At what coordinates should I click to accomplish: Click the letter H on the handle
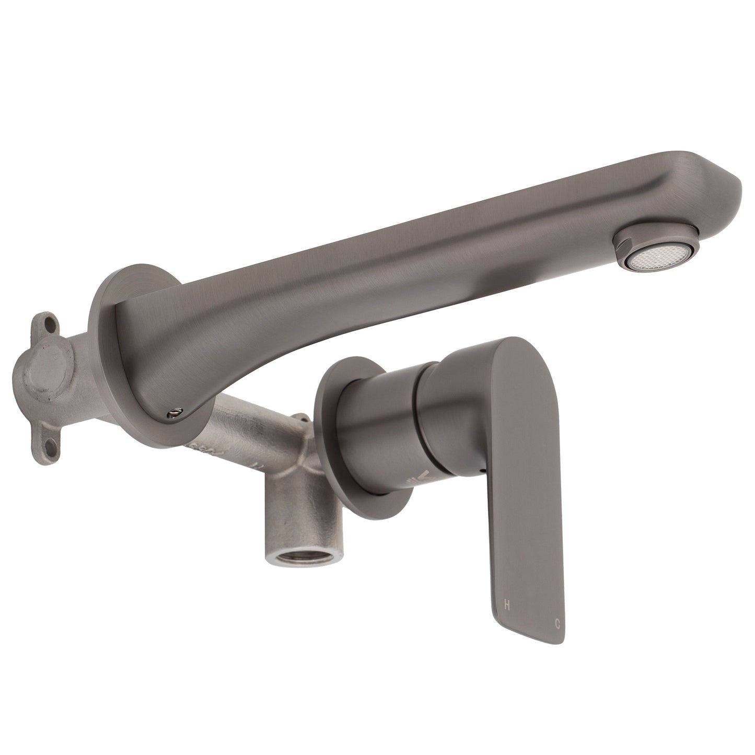click(x=506, y=605)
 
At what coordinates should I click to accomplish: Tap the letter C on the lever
click(x=557, y=623)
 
